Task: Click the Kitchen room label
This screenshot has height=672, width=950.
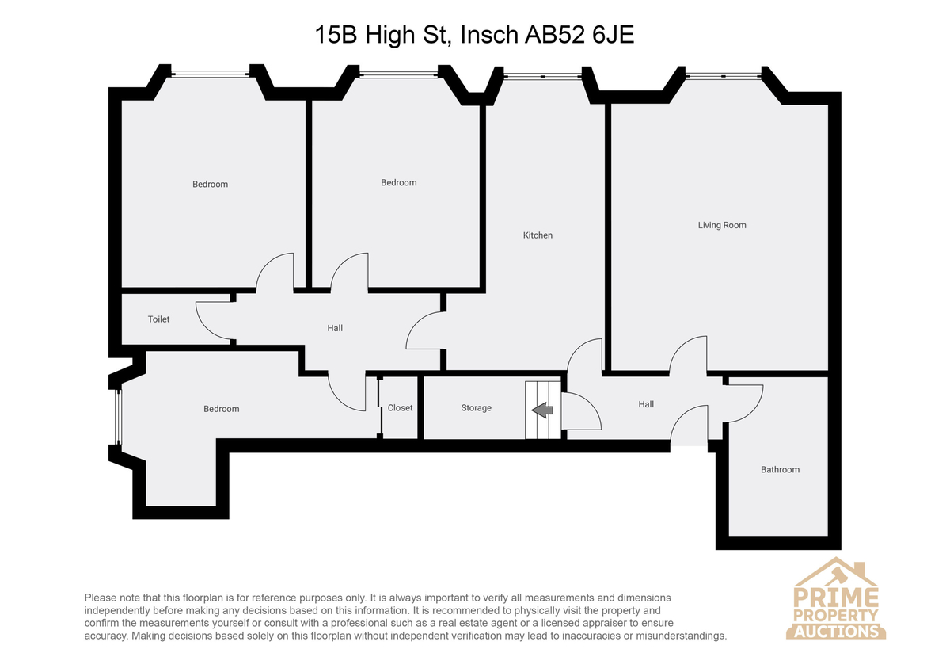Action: [538, 235]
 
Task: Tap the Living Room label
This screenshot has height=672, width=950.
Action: [722, 225]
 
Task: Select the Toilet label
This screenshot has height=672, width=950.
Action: [158, 319]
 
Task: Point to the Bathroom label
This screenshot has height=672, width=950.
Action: [780, 469]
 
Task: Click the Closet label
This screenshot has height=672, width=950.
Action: [400, 408]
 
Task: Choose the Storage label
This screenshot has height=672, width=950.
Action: [477, 408]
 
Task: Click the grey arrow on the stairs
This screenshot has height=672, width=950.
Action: [542, 410]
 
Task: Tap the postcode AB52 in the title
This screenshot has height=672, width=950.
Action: [554, 35]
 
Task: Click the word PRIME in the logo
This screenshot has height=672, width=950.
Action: [836, 598]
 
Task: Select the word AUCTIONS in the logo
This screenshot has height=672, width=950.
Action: [836, 632]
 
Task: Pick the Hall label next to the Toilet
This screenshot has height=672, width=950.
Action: [335, 328]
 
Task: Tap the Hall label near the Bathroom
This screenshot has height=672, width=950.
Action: [646, 405]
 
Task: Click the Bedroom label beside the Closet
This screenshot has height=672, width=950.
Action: [222, 409]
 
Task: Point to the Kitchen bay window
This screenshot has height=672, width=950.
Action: [543, 76]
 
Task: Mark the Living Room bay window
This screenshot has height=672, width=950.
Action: [723, 76]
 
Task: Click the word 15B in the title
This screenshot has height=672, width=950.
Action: [336, 35]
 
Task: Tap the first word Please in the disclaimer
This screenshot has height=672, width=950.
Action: [101, 598]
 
